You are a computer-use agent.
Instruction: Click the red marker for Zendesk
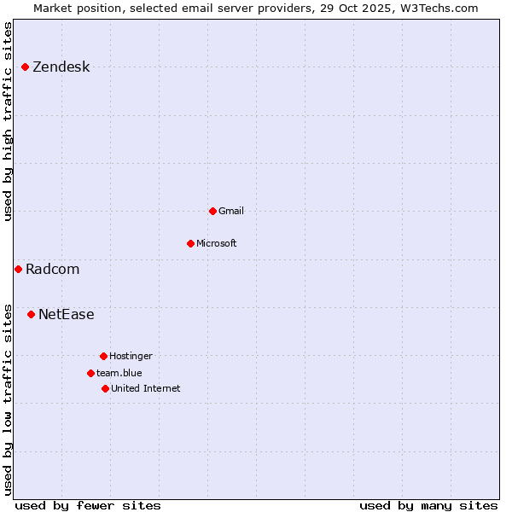(x=26, y=67)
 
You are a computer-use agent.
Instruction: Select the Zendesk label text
(x=61, y=67)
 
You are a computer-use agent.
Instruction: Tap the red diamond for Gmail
(x=212, y=211)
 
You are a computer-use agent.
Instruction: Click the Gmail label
(x=231, y=211)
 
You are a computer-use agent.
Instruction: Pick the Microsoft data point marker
(x=190, y=243)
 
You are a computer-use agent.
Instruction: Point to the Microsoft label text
(x=216, y=243)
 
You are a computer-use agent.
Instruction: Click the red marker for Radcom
(x=18, y=269)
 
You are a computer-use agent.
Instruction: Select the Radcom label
(x=52, y=270)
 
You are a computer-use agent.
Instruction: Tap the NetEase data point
(x=32, y=314)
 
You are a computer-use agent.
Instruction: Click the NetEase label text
(x=66, y=315)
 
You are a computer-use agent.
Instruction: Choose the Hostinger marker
(x=103, y=356)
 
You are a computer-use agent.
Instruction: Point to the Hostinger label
(x=131, y=356)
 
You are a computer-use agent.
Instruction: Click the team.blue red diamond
(x=90, y=373)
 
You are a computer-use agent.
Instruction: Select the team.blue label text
(x=119, y=373)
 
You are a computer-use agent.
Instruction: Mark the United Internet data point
(x=105, y=388)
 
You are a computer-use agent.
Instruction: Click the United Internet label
(x=145, y=388)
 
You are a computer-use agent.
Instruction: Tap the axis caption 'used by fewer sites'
(x=88, y=505)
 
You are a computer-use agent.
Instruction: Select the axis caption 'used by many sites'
(x=428, y=505)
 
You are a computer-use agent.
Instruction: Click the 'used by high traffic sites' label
(x=9, y=121)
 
